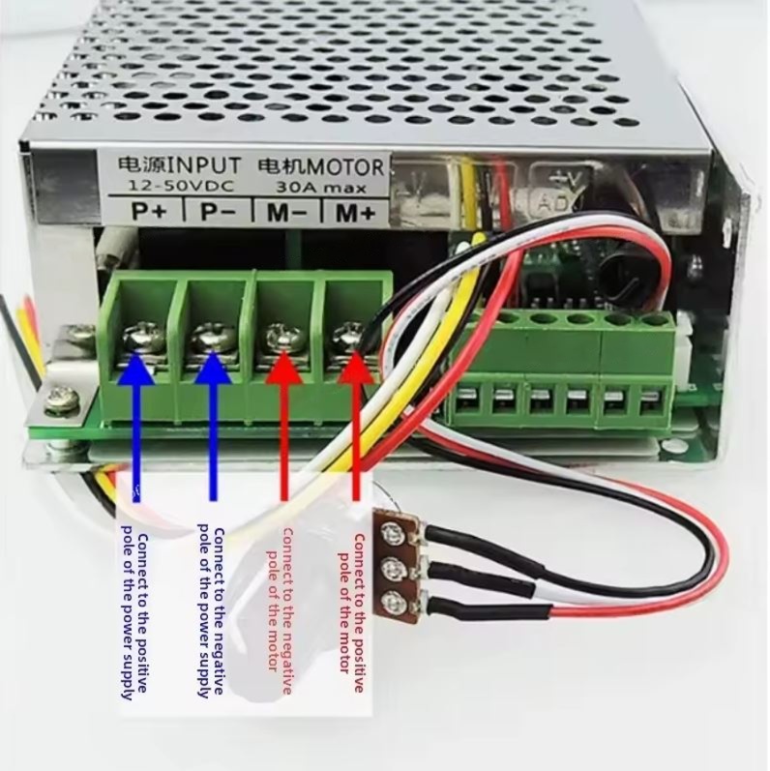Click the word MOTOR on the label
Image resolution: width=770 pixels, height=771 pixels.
344,165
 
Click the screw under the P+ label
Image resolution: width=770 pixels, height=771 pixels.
136,341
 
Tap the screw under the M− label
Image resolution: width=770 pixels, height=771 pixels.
281,338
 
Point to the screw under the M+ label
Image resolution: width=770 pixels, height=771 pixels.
347,338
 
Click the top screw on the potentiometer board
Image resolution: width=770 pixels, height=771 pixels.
392,530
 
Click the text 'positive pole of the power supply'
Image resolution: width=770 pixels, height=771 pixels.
135,614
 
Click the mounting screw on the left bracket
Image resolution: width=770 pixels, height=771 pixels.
59,395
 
